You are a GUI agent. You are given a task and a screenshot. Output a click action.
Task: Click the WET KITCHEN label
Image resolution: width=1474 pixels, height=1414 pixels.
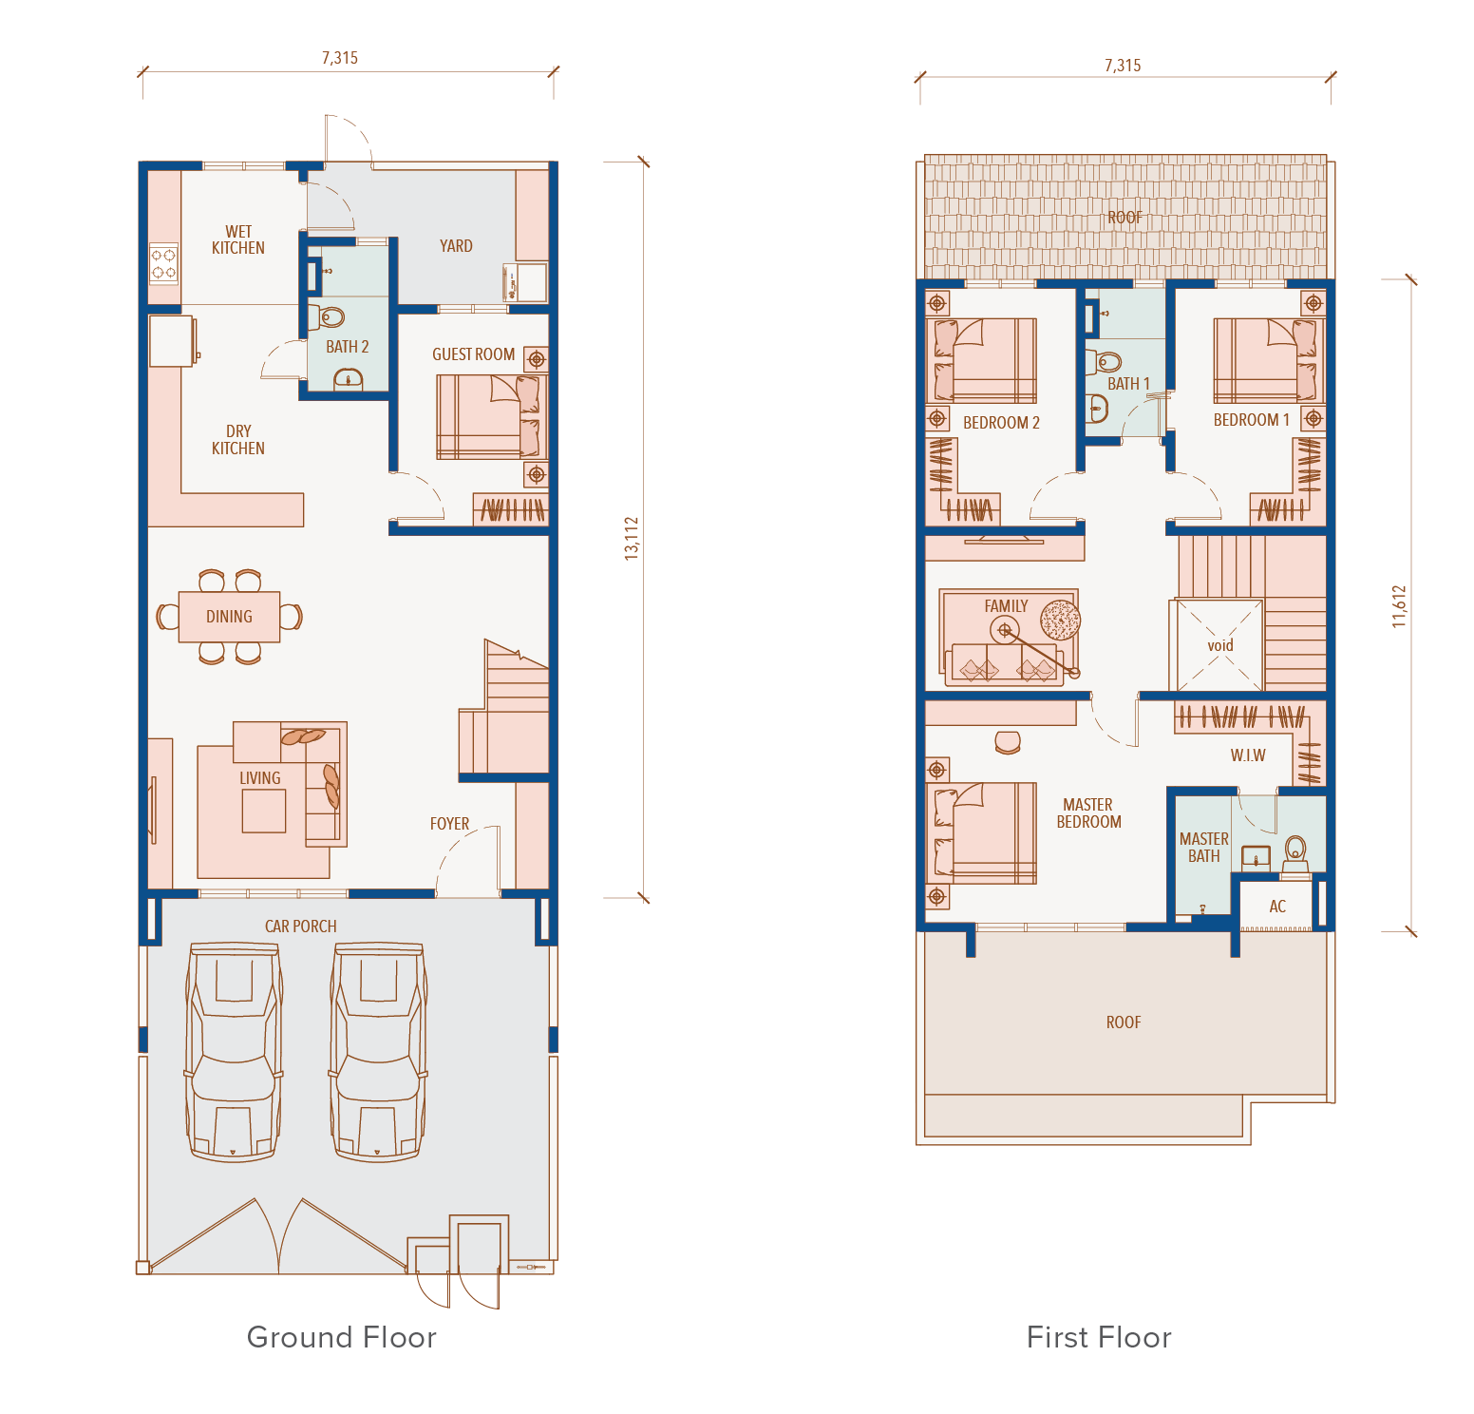click(238, 239)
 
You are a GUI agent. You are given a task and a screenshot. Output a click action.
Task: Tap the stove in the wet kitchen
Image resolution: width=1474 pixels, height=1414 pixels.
click(164, 264)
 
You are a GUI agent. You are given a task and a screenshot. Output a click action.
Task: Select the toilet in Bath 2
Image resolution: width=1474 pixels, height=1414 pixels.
click(329, 316)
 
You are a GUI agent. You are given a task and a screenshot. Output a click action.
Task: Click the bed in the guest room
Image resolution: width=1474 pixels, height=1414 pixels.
click(490, 416)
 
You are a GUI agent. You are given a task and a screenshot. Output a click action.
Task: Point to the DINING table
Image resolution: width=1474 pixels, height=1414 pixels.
click(229, 617)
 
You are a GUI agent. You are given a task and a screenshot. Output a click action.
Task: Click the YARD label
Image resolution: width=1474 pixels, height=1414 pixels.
click(456, 246)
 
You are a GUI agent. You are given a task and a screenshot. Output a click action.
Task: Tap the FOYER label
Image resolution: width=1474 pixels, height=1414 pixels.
click(449, 824)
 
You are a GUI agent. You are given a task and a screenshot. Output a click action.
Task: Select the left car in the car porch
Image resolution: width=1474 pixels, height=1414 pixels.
click(234, 1051)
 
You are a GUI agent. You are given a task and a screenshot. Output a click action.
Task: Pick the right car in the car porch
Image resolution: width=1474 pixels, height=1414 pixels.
click(379, 1051)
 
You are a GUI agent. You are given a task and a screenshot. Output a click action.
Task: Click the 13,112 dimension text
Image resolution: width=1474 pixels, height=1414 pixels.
click(632, 538)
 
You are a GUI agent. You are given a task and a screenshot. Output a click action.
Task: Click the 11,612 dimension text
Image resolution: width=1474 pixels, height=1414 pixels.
click(1399, 606)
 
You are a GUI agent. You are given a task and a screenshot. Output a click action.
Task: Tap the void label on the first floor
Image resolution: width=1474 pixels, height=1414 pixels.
click(1220, 645)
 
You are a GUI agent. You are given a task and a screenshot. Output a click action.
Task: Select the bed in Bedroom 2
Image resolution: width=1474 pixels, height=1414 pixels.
click(981, 361)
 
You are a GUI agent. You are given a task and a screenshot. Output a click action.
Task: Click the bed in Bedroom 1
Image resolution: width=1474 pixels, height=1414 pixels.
click(1269, 361)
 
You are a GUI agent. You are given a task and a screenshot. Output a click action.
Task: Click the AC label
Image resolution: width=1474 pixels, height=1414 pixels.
click(1277, 907)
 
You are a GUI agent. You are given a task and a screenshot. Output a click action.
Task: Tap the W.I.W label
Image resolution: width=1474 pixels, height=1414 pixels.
click(1248, 755)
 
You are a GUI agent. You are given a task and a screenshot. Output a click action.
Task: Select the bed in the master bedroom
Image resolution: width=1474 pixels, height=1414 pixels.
click(981, 833)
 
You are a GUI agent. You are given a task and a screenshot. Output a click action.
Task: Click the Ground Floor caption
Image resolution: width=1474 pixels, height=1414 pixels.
click(342, 1337)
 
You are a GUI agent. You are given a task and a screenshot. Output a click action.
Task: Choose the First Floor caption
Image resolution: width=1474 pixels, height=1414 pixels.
click(1099, 1337)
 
